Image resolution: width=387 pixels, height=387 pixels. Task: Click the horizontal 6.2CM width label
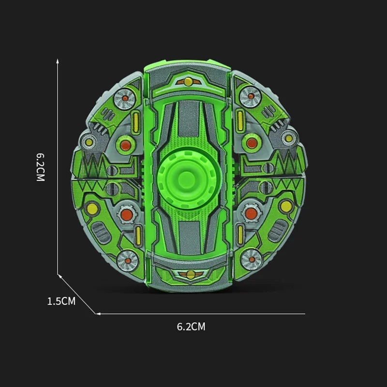click(x=191, y=327)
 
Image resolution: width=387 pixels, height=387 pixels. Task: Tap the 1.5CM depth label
click(x=61, y=301)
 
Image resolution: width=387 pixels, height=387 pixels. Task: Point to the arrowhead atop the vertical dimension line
click(x=58, y=61)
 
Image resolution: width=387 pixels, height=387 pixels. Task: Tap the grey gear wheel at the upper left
click(x=125, y=98)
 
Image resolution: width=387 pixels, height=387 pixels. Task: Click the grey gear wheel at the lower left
click(x=127, y=260)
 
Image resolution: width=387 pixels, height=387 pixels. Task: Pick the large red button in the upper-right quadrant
click(x=251, y=143)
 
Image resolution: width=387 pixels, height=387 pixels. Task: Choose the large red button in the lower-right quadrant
click(x=251, y=213)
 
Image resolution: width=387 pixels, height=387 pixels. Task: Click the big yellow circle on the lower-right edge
click(x=286, y=207)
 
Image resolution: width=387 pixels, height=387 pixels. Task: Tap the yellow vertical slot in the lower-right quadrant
click(x=240, y=234)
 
